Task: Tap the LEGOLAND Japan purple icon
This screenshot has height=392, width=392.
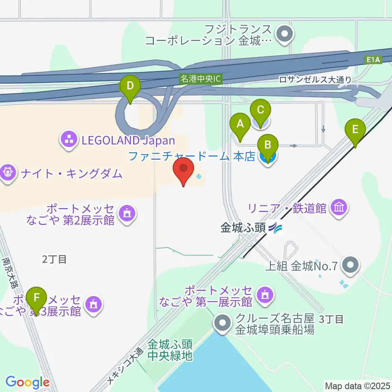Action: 68,140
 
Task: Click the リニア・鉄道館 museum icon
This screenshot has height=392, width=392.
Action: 340,207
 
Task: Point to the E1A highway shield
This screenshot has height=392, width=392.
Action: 373,60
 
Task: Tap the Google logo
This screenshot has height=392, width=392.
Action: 27,382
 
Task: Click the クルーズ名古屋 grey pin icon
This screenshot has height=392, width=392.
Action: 223,324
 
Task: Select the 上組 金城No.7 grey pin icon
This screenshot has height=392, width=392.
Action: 350,267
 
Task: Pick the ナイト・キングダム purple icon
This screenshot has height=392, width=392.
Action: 8,173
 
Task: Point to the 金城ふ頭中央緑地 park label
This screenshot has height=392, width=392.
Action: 170,350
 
